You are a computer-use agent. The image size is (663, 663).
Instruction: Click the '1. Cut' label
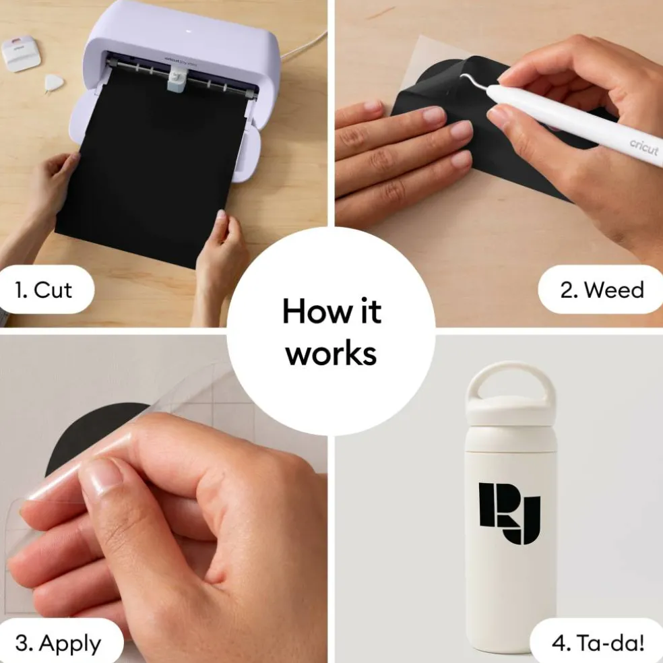point(43,290)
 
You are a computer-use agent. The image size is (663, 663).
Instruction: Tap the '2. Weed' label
point(602,290)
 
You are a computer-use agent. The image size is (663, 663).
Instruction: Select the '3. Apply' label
point(59,643)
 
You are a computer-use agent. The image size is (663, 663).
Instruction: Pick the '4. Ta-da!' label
point(598,643)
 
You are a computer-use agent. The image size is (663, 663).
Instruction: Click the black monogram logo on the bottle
point(509,513)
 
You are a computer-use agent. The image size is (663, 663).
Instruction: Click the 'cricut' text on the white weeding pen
point(643,147)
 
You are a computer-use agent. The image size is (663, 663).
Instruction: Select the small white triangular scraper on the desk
point(54,82)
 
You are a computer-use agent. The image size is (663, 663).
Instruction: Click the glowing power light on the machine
point(188,31)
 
